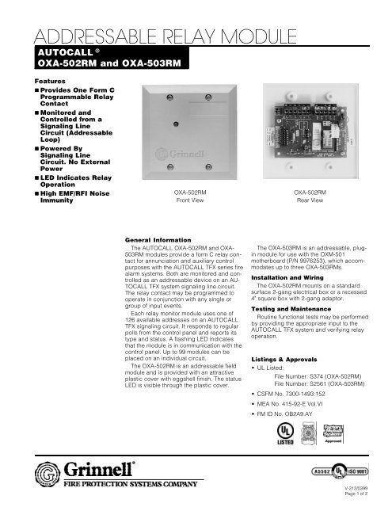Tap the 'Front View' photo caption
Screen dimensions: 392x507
click(189, 202)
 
